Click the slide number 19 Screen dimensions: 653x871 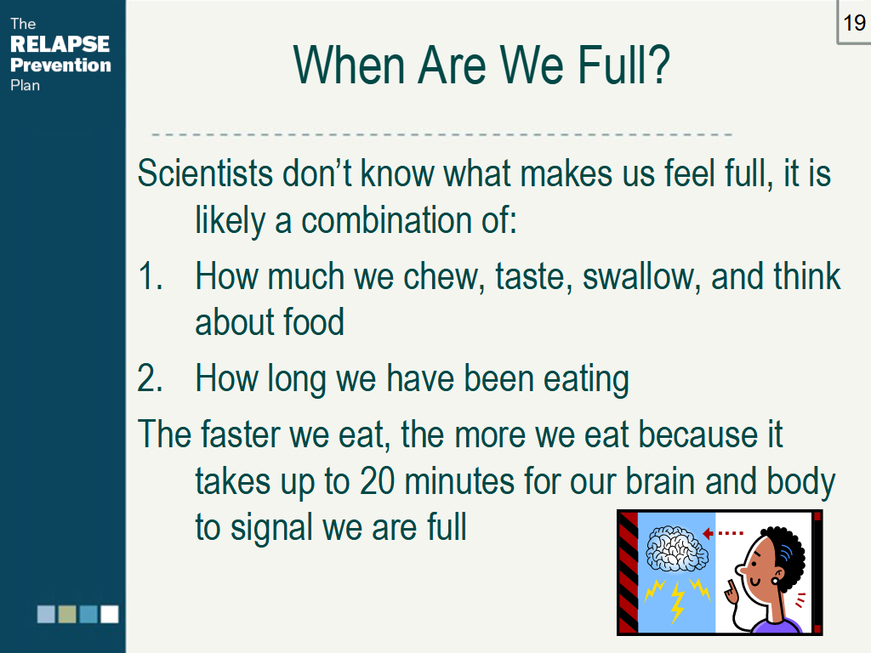(x=854, y=22)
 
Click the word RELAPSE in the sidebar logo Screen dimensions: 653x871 (x=60, y=44)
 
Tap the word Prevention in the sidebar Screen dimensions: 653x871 (x=60, y=65)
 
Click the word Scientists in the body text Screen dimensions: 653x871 (x=203, y=173)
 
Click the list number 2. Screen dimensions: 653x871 (x=150, y=378)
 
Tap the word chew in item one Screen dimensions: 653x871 (x=442, y=276)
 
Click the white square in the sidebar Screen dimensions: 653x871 (x=110, y=614)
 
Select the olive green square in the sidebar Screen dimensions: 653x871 (x=67, y=614)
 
